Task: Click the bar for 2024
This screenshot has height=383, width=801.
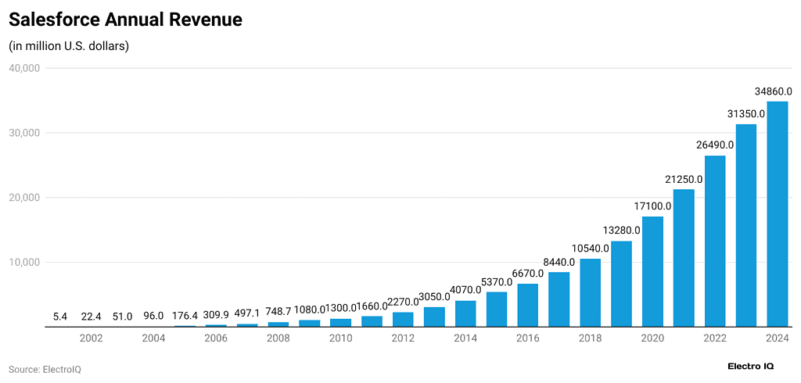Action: coord(777,214)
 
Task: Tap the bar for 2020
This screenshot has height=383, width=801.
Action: coord(652,271)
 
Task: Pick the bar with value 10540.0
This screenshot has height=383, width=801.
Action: coord(591,292)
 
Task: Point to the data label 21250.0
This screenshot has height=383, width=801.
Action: coord(683,179)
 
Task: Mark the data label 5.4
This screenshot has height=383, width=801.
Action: coord(60,317)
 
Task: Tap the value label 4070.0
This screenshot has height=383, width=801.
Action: coord(465,290)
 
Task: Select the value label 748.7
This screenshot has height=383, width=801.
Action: coord(278,312)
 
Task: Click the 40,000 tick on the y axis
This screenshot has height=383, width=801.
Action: coord(23,68)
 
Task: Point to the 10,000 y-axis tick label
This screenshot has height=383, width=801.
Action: coord(23,262)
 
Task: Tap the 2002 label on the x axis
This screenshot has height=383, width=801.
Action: coord(92,338)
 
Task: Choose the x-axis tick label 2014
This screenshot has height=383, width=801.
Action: coord(465,338)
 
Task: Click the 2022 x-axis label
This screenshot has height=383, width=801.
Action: coord(715,338)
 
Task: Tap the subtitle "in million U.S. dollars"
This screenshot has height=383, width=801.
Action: coord(69,46)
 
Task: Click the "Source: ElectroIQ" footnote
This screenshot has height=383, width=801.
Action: coord(45,369)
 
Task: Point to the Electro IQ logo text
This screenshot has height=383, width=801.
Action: coord(751,366)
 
